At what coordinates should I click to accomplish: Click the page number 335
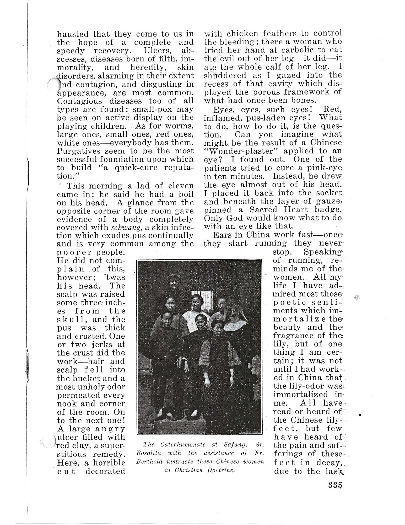tap(335, 485)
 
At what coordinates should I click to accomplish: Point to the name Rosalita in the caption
tap(149, 453)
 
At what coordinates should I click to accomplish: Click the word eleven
tap(181, 186)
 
